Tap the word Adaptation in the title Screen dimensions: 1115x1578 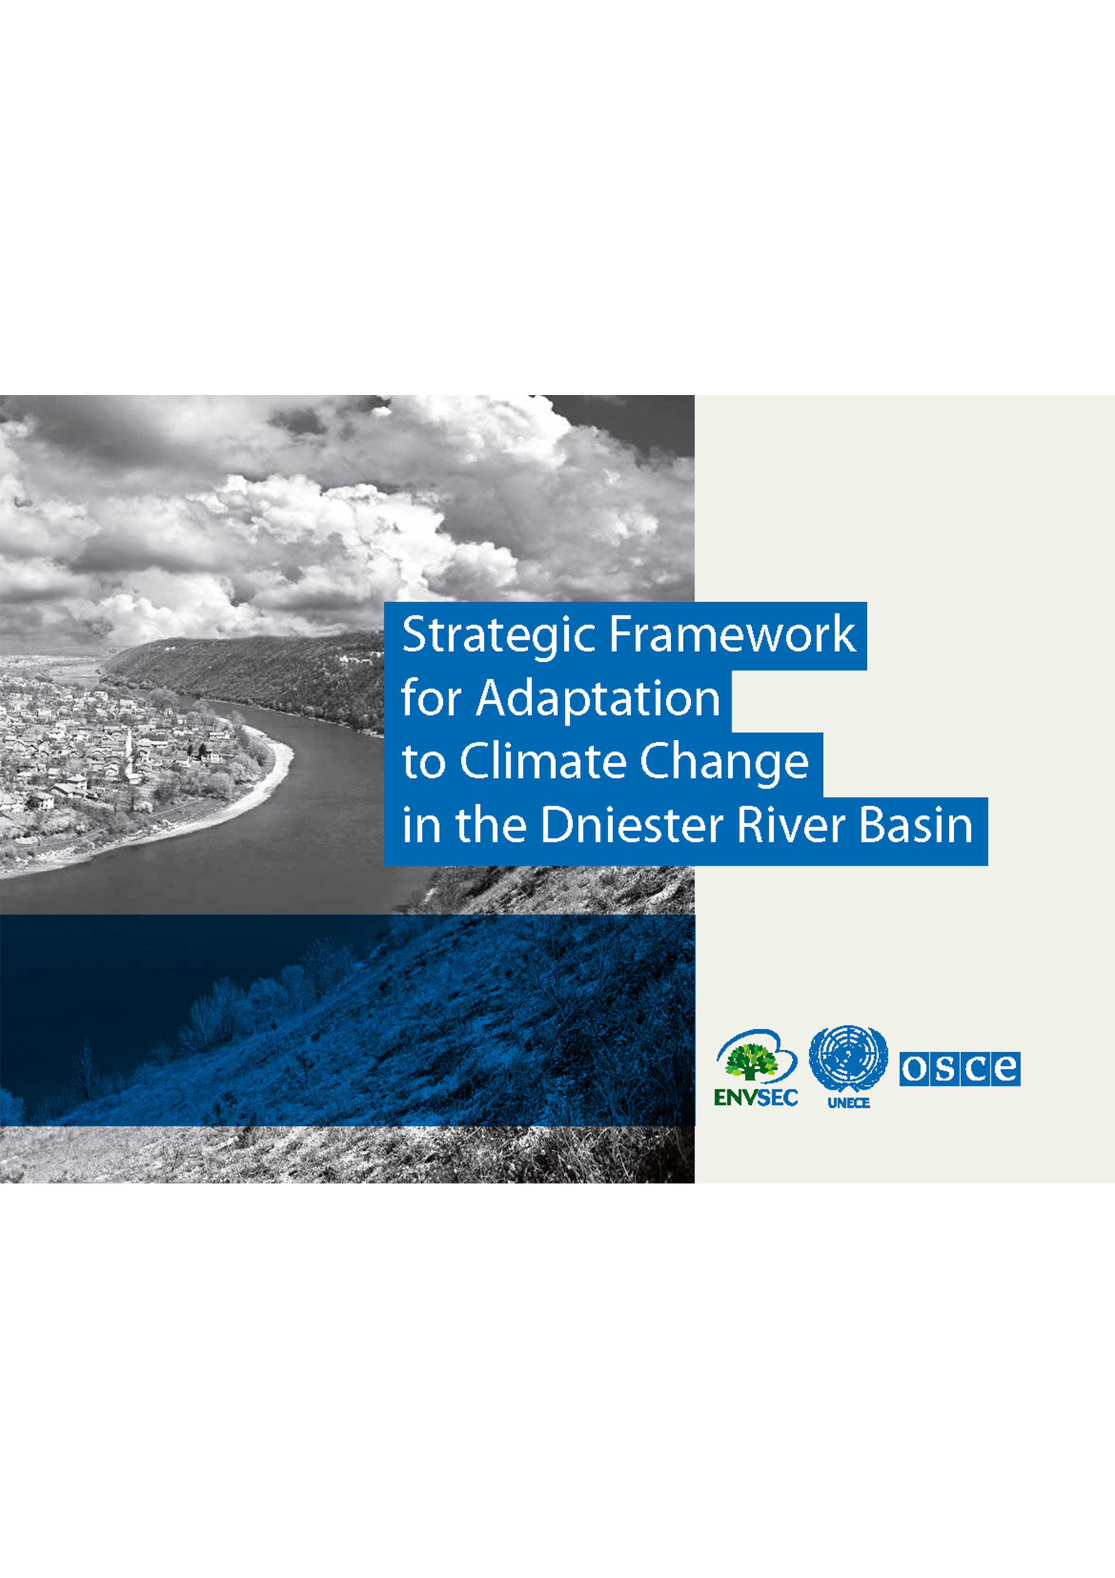click(598, 699)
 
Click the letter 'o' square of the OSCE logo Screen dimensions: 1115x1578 click(914, 1069)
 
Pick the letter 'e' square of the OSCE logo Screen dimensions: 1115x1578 click(1006, 1069)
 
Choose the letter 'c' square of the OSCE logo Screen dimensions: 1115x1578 click(976, 1069)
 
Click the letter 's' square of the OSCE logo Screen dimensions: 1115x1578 click(946, 1069)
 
